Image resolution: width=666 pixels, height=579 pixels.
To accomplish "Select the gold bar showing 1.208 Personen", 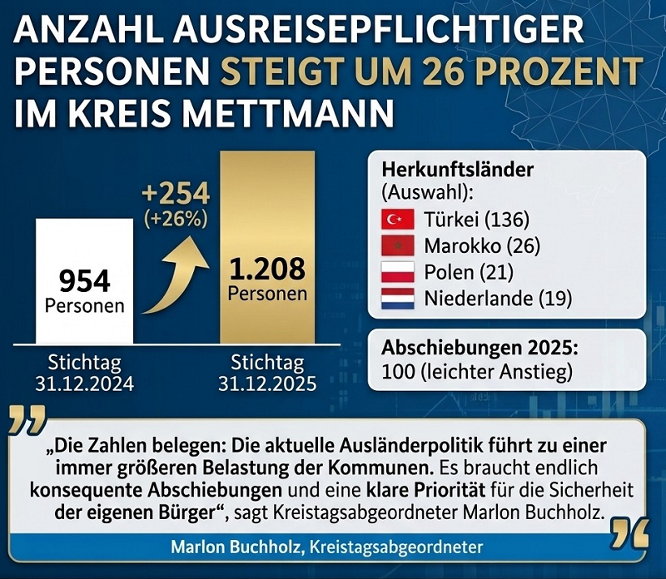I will tap(266, 250).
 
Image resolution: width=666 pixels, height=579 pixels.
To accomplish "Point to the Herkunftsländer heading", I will tap(457, 169).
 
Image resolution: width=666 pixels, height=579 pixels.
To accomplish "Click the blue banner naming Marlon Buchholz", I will tap(329, 547).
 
